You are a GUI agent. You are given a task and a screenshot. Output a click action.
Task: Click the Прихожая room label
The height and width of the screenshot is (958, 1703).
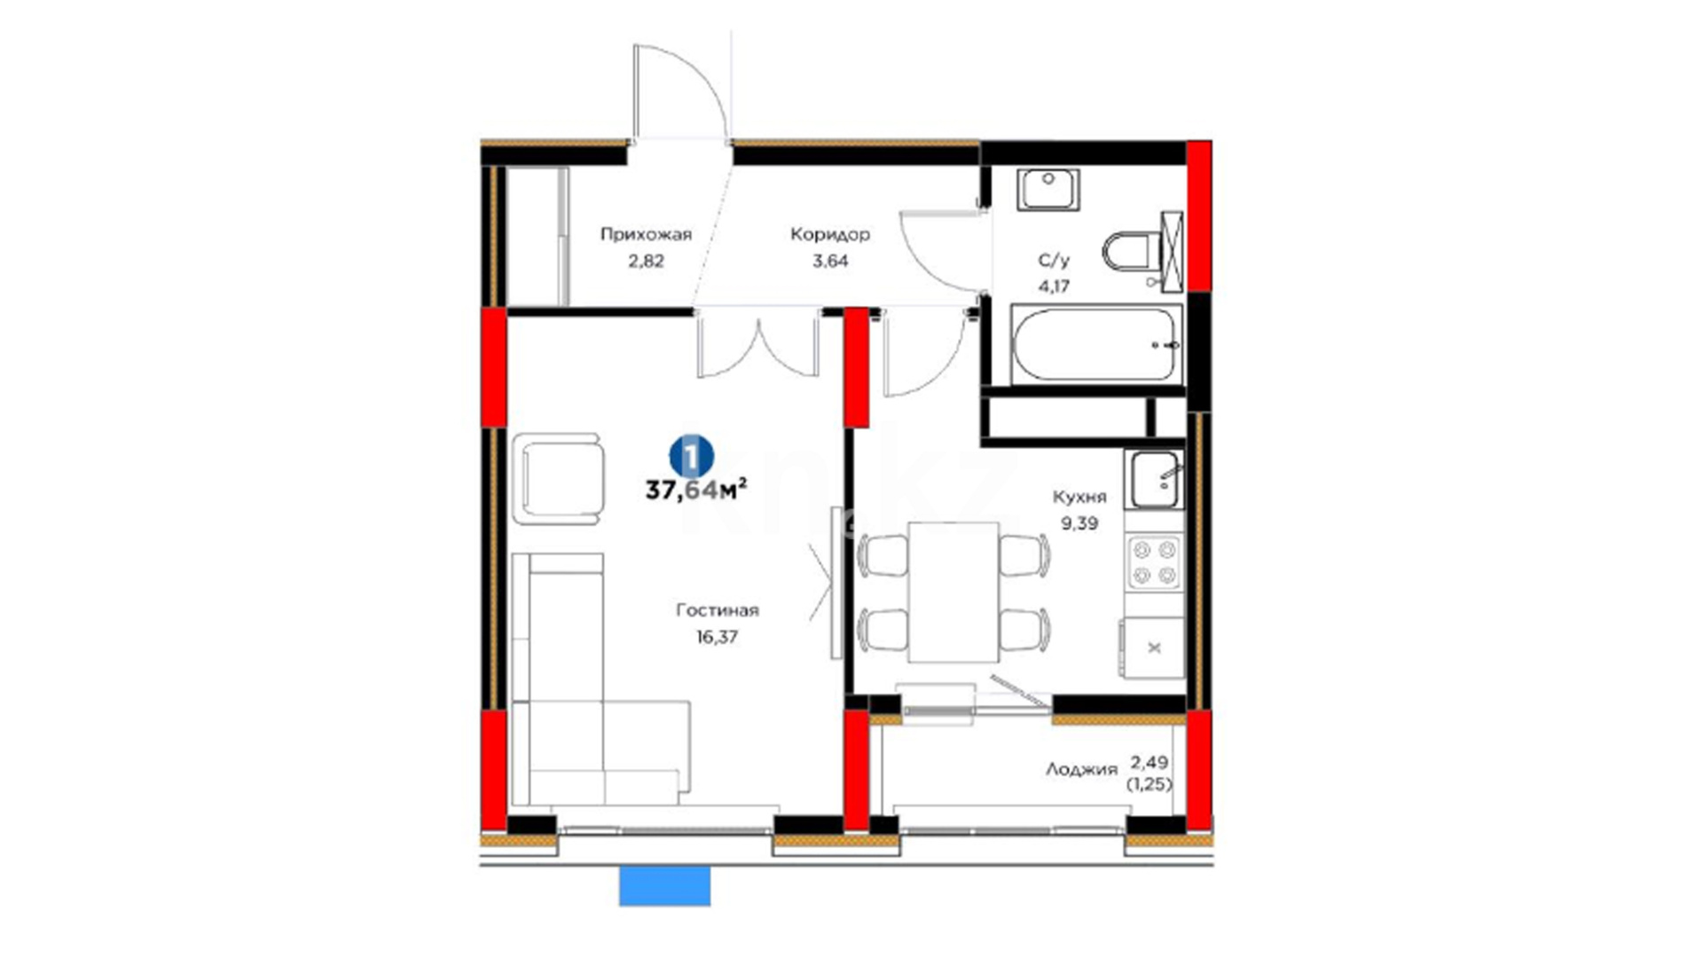(646, 234)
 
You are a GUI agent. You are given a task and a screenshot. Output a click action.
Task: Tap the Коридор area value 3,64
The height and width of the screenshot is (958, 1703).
(830, 261)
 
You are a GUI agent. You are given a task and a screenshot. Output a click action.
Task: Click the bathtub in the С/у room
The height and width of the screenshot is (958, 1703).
(1096, 344)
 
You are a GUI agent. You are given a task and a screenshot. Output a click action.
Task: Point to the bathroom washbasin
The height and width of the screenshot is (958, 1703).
(1048, 189)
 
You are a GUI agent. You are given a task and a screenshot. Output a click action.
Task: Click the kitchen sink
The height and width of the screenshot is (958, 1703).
(1154, 479)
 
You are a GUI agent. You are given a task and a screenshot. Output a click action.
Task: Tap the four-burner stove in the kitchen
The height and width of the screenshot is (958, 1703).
(1154, 563)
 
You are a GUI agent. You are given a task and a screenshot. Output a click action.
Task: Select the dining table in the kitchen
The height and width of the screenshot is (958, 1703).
(954, 593)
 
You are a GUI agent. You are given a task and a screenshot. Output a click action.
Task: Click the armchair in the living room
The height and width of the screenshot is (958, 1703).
(559, 479)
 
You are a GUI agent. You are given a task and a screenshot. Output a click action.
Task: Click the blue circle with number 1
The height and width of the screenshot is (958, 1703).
(691, 458)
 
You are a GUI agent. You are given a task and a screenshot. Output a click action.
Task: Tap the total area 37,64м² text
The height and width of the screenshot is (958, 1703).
(695, 490)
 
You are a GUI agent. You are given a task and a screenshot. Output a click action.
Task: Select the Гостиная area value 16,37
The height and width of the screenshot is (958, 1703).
(717, 636)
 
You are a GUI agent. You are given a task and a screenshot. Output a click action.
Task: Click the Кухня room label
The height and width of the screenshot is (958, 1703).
(1079, 497)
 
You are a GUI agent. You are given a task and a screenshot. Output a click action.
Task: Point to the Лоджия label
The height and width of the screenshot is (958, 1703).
(1081, 770)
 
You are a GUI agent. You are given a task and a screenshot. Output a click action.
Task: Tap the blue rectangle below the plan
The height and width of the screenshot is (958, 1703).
(664, 886)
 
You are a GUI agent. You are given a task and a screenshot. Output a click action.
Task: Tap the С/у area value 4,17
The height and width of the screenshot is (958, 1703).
(1054, 287)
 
